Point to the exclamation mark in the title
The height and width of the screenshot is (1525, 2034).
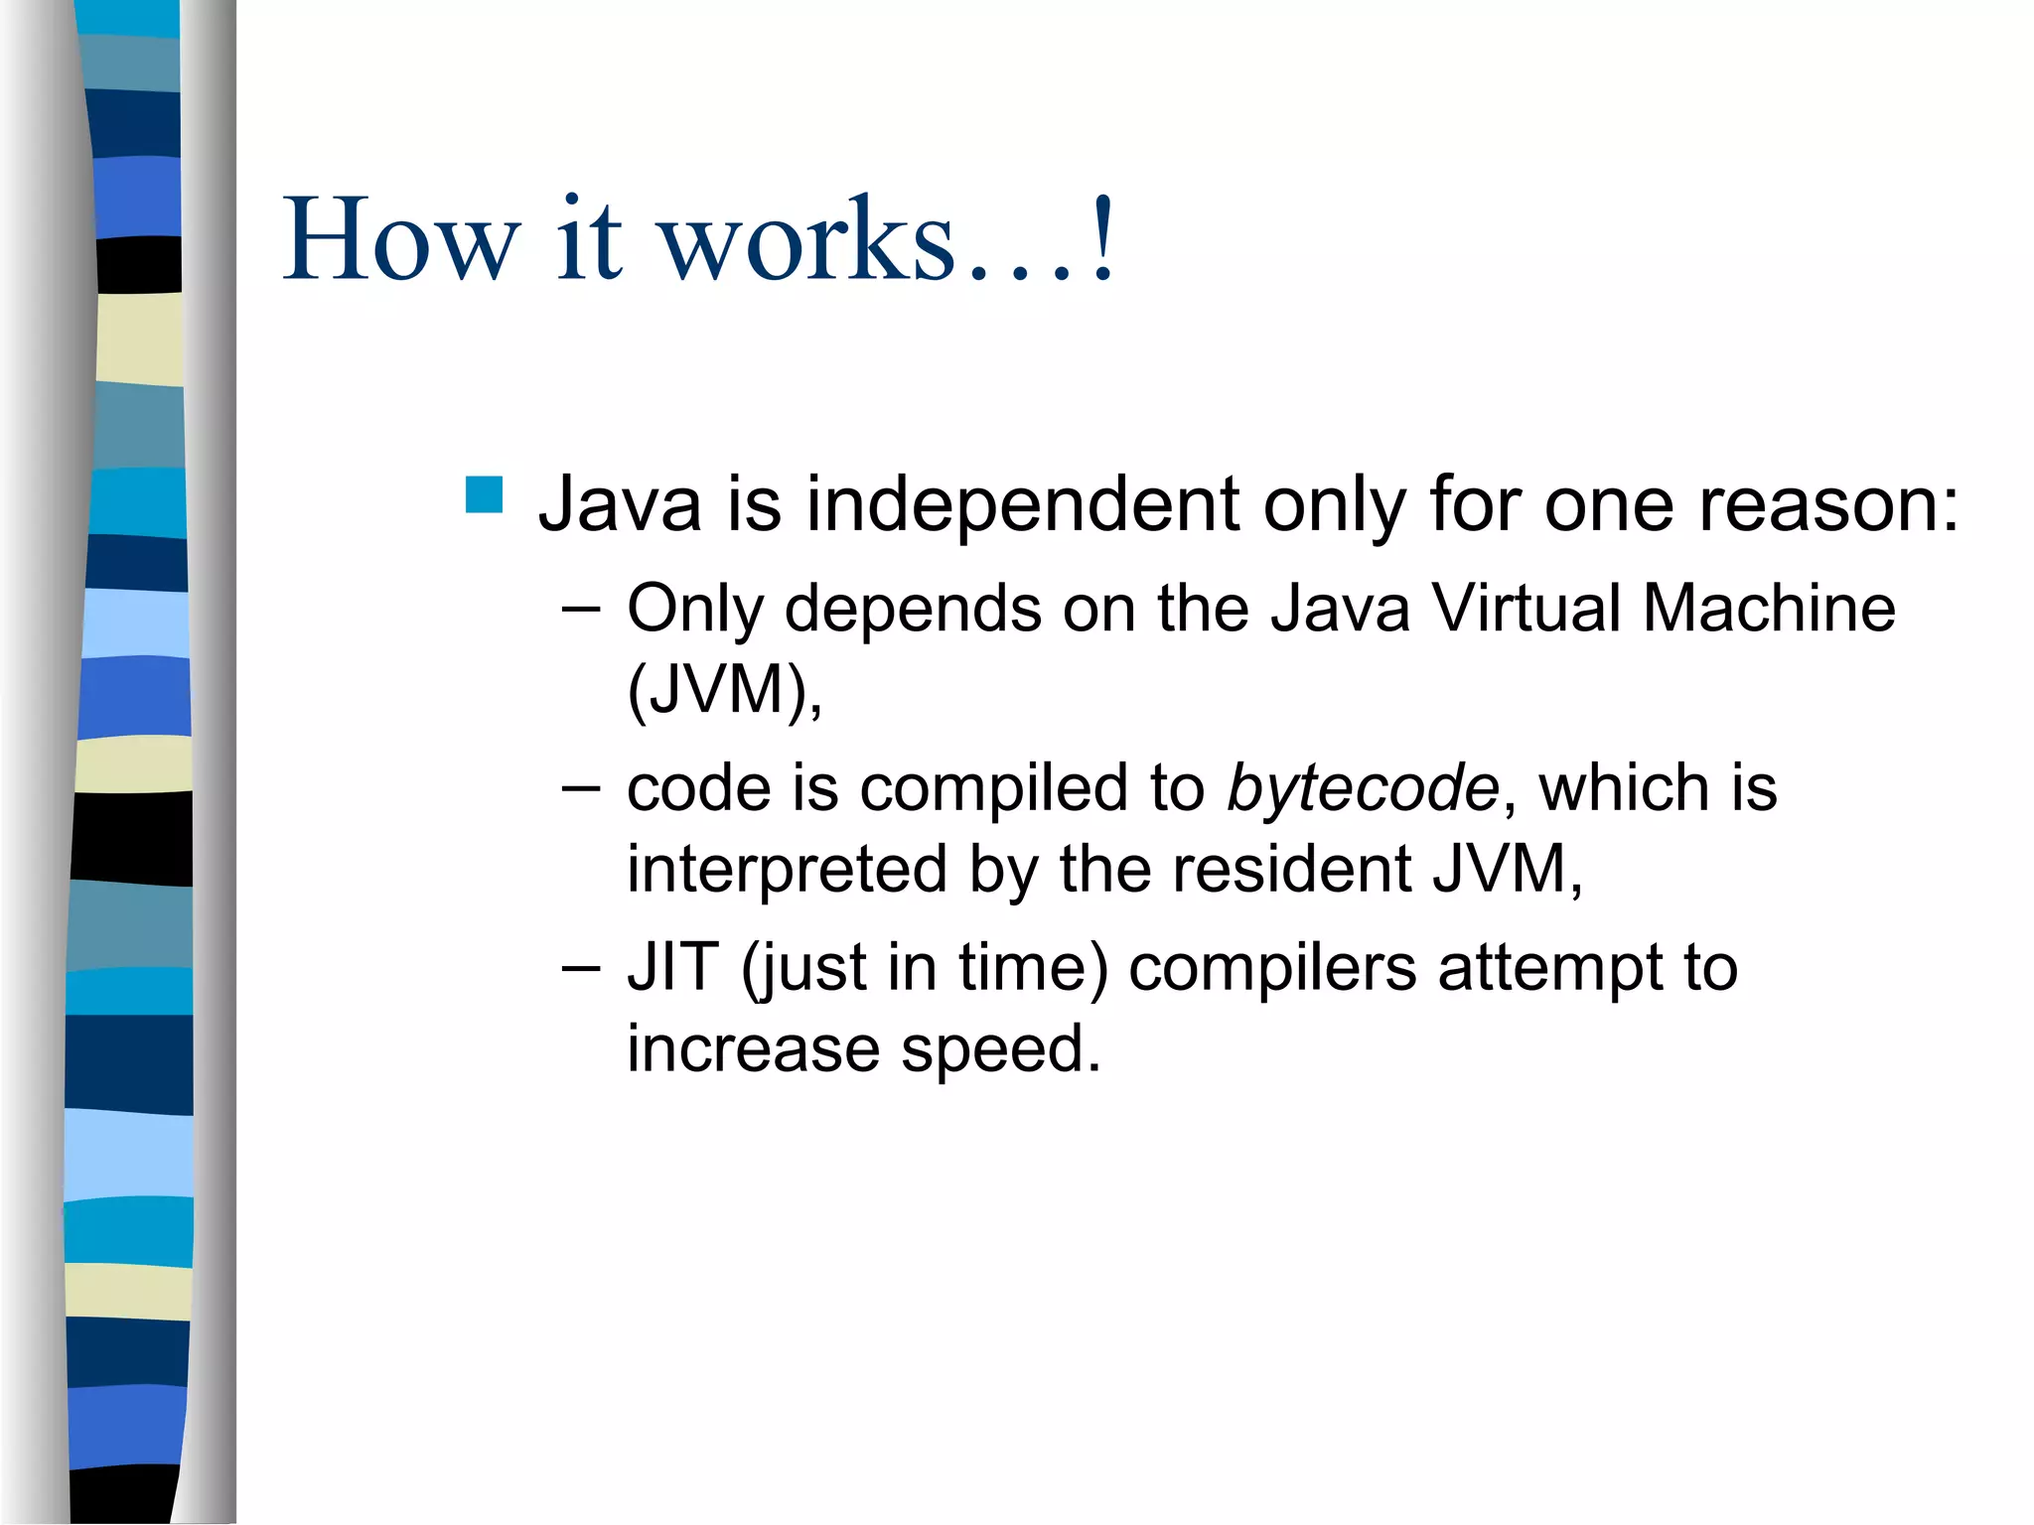(1101, 238)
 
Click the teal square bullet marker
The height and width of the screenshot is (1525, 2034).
(484, 494)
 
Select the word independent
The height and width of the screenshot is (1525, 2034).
(1022, 504)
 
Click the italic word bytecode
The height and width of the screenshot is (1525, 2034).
(1363, 788)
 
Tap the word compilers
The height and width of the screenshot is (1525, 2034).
(1272, 968)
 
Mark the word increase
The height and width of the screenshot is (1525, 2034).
(753, 1050)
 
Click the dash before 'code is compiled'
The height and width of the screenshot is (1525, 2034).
(580, 789)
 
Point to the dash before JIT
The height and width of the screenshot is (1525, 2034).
(580, 969)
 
